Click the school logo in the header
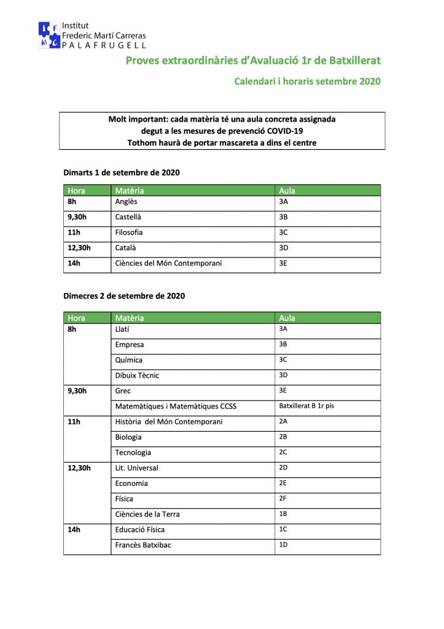coord(50,35)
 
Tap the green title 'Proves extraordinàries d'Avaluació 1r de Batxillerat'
coord(253,60)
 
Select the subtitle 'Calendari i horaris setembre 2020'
coord(307,81)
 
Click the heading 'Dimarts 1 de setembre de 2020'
coord(122,173)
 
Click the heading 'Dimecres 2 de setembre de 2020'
coord(124,296)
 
